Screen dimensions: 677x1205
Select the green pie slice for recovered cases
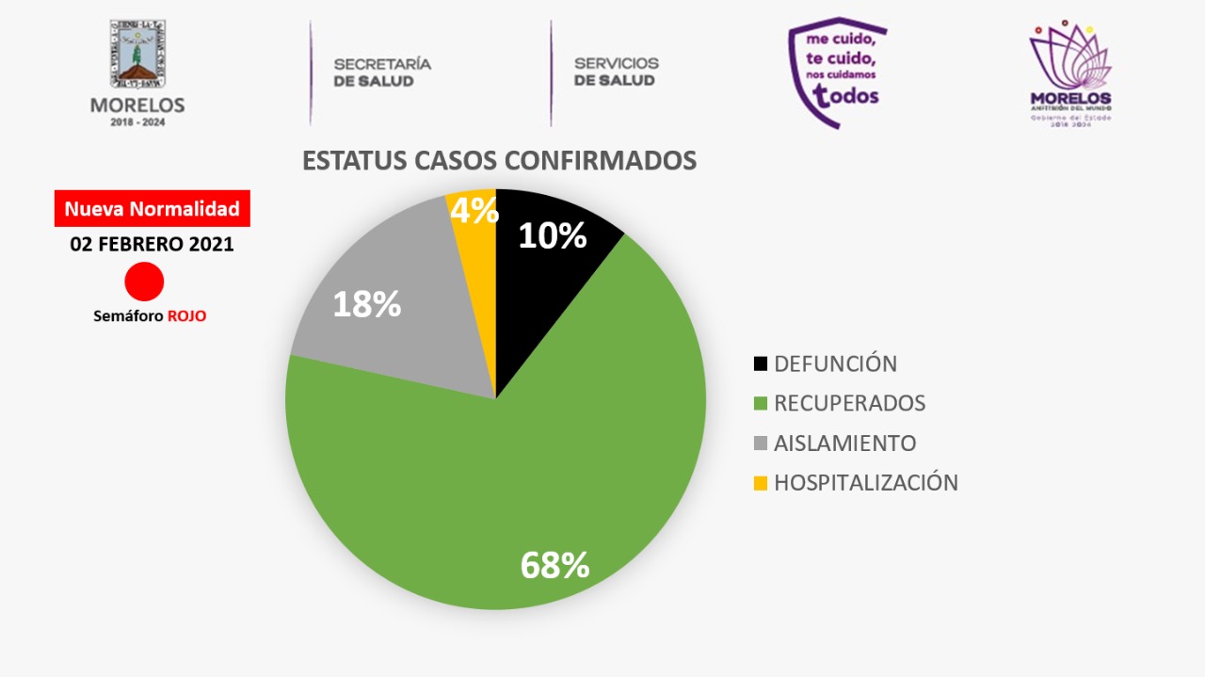[527, 471]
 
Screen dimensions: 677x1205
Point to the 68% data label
[554, 565]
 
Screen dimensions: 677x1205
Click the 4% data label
[474, 211]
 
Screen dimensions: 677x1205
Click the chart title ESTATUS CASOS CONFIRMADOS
[499, 160]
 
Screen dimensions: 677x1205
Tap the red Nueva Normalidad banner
[152, 209]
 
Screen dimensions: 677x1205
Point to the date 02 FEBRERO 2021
[152, 244]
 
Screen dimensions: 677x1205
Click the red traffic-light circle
[144, 282]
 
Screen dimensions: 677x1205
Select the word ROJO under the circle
[186, 316]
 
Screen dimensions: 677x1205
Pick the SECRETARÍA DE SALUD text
[381, 73]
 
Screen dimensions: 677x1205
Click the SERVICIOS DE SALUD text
[616, 73]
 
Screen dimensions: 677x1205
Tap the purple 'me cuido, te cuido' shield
[836, 71]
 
